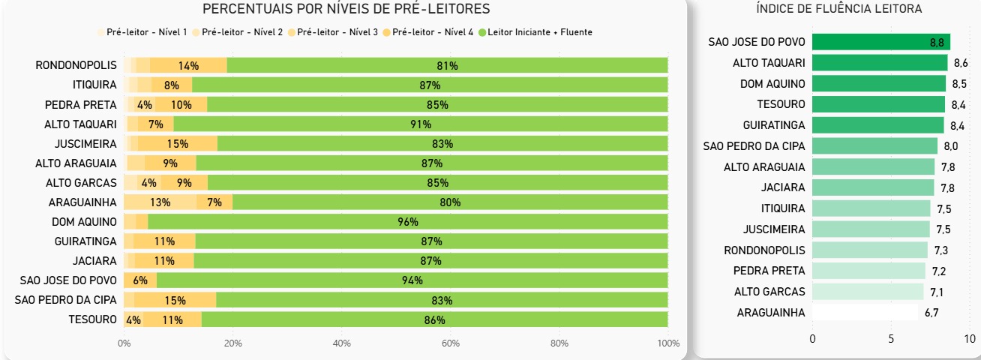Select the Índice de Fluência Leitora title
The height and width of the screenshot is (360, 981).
tap(839, 9)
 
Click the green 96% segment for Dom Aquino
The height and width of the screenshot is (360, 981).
tap(408, 222)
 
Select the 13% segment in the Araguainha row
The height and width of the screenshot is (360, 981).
tap(160, 202)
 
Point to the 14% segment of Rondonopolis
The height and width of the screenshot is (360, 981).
tap(188, 66)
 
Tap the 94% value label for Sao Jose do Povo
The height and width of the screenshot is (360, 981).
tap(412, 280)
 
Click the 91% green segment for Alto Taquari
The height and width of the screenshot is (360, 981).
tap(421, 124)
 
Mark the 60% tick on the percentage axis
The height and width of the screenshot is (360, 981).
tap(450, 343)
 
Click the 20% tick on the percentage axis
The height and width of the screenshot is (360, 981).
tap(232, 343)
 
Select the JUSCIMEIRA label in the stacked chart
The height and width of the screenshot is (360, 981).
tap(85, 144)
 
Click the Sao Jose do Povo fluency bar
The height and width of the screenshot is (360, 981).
tap(880, 42)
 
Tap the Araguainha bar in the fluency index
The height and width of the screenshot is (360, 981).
tap(865, 313)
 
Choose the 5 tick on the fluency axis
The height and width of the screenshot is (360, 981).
tap(891, 339)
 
